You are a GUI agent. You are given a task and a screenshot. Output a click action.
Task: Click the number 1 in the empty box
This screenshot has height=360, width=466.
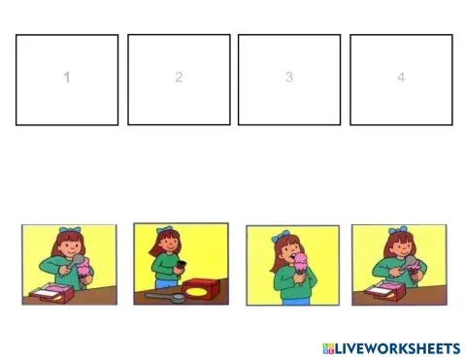point(67,78)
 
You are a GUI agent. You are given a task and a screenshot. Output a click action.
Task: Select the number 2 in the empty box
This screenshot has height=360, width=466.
point(179,78)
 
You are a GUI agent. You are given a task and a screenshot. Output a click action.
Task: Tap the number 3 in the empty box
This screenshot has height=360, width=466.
point(289,78)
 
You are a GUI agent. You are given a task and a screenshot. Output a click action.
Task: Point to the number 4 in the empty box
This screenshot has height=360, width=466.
point(400,78)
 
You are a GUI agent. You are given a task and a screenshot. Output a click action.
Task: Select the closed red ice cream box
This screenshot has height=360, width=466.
point(203,290)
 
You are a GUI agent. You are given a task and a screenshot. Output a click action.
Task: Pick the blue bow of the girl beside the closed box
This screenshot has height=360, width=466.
point(164,233)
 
